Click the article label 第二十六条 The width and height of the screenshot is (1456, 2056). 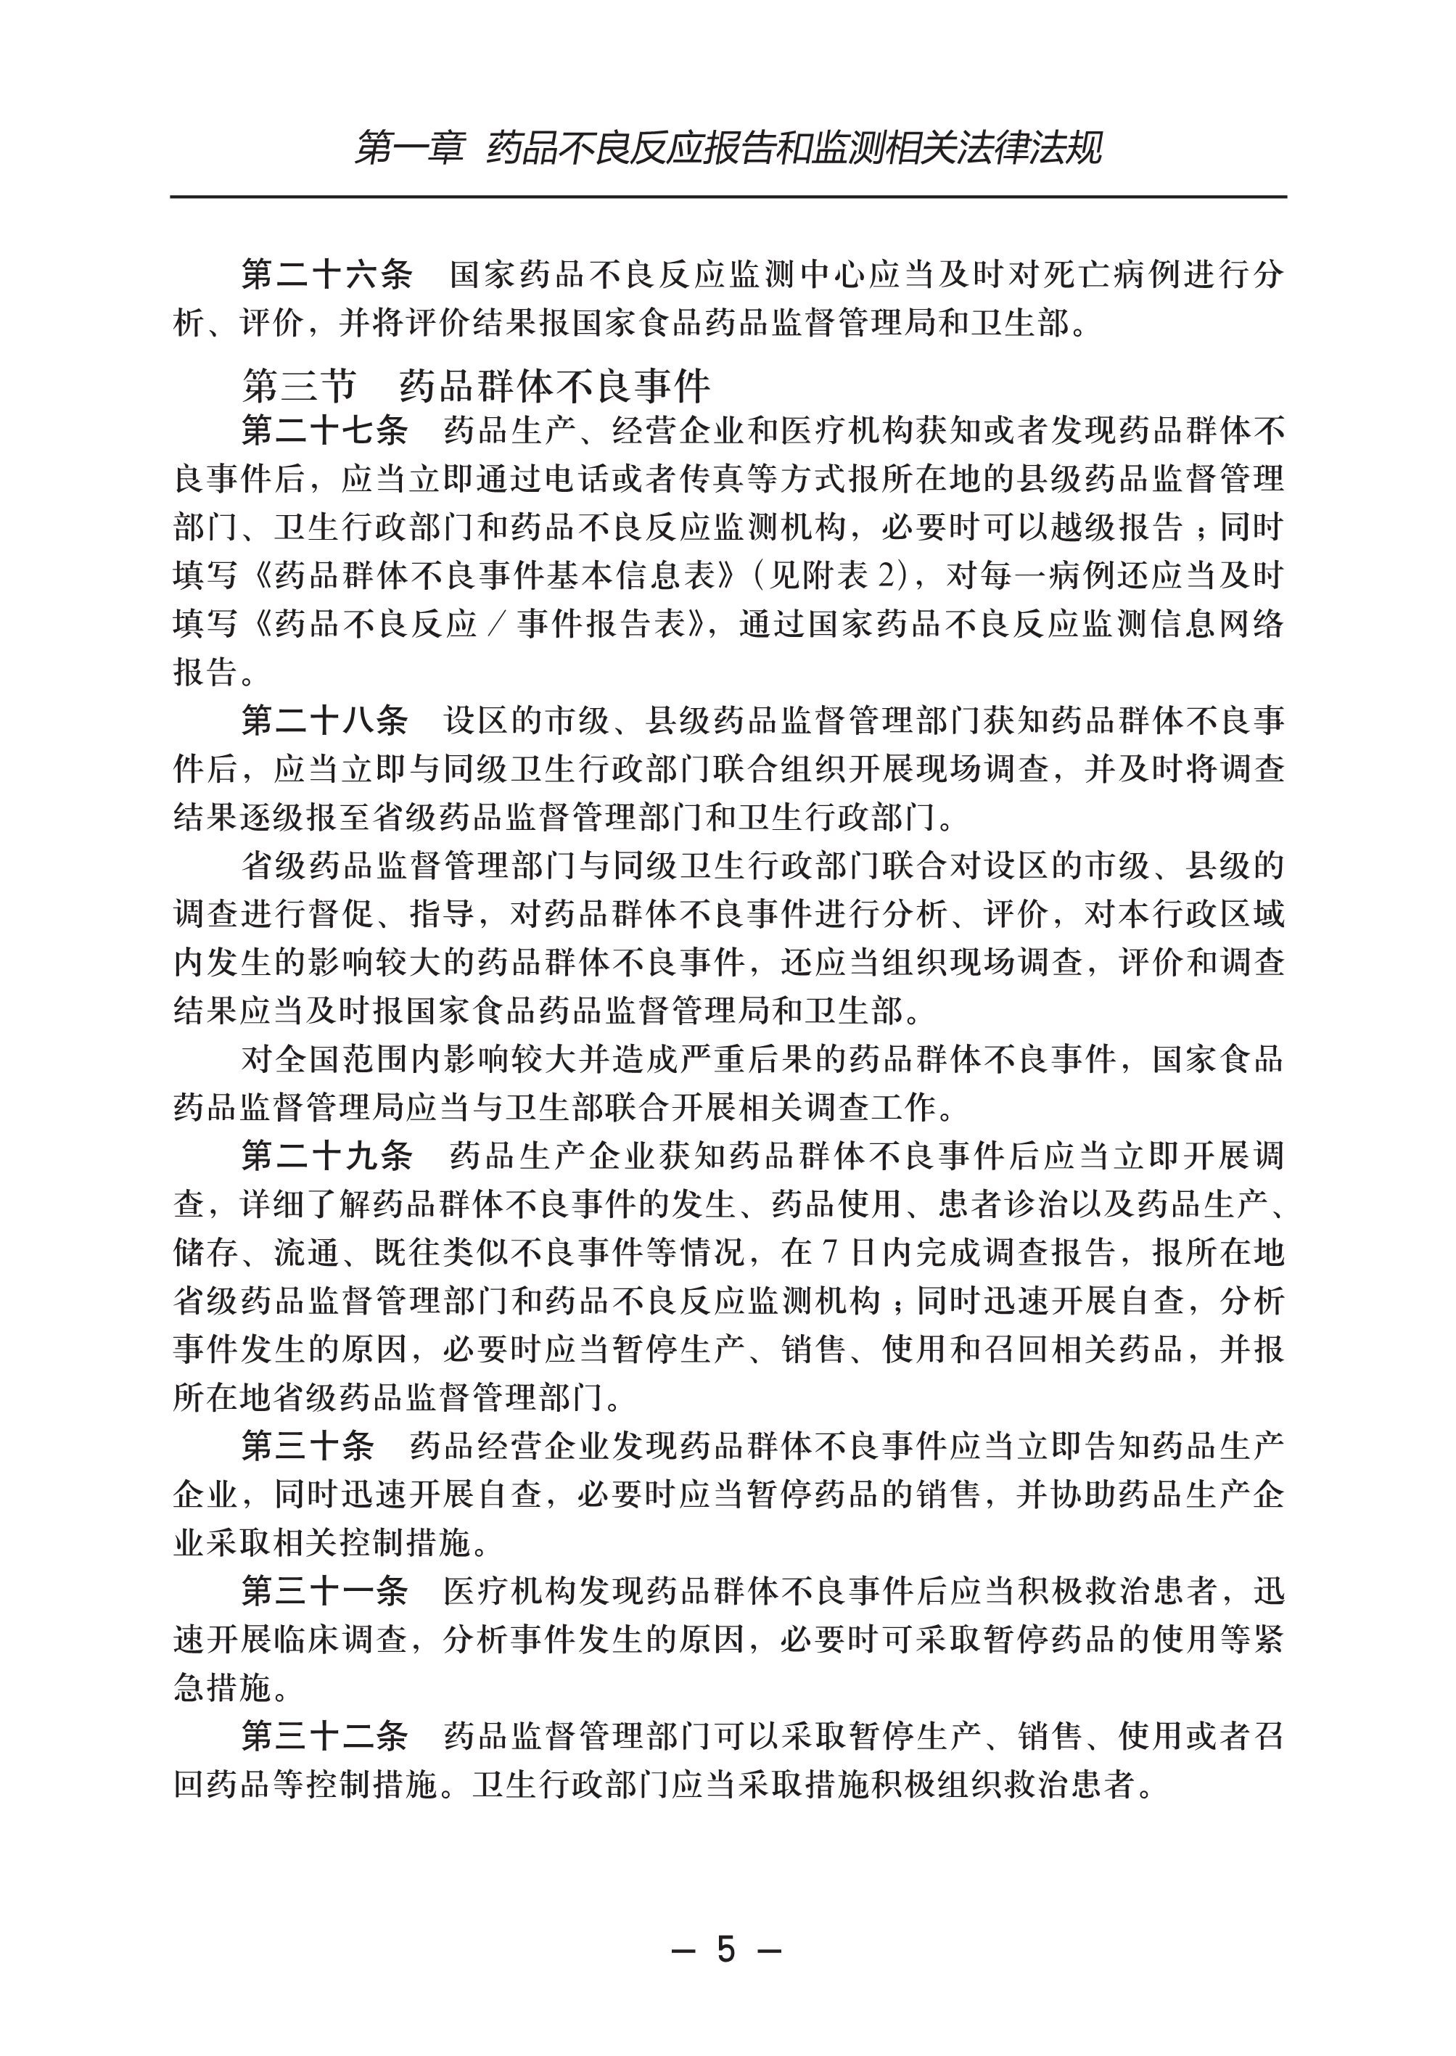(x=326, y=274)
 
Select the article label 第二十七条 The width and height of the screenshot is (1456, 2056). (x=324, y=431)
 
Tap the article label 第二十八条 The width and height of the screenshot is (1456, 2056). (x=324, y=720)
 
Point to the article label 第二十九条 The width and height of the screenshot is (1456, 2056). (x=326, y=1156)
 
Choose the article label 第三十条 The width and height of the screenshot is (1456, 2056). (x=308, y=1447)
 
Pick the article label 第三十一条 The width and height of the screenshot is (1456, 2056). (x=324, y=1592)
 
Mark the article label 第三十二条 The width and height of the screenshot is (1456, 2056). (x=324, y=1737)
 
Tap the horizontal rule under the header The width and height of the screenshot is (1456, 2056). (x=728, y=197)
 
